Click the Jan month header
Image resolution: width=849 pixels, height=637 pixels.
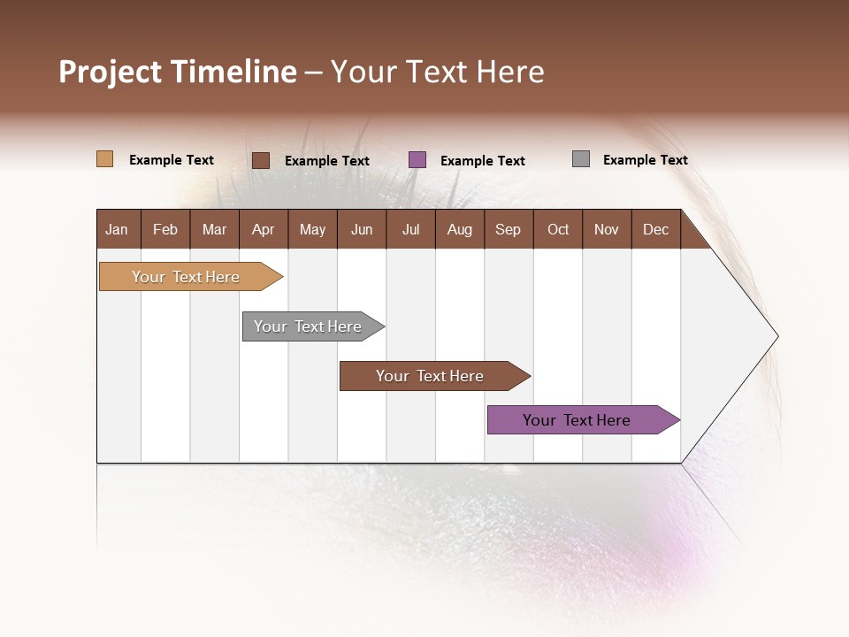coord(118,229)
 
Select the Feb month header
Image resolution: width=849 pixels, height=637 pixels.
coord(165,229)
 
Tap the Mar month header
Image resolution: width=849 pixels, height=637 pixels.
coord(214,229)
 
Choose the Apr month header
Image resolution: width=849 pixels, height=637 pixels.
coord(264,229)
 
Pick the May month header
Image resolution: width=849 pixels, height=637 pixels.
coord(312,229)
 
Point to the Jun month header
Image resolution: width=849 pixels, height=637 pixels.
coord(362,229)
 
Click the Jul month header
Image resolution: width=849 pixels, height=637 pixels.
coord(410,229)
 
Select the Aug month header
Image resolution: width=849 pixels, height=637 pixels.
coord(460,229)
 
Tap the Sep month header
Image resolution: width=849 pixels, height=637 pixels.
coord(509,229)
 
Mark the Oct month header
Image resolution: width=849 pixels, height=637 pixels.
coord(558,229)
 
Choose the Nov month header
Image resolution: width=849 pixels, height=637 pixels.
coord(607,229)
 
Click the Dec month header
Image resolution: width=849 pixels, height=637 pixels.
coord(655,229)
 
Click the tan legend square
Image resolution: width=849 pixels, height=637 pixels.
coord(104,159)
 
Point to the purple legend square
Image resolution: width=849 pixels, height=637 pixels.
coord(417,159)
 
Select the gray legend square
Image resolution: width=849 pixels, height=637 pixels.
coord(581,159)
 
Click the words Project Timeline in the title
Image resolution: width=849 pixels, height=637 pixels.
coord(178,72)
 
